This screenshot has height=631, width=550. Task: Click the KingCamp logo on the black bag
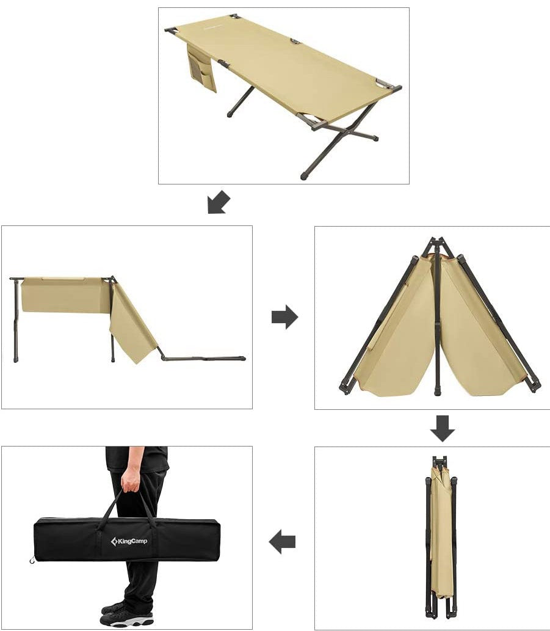pyautogui.click(x=129, y=541)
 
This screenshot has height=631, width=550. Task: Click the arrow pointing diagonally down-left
pyautogui.click(x=219, y=202)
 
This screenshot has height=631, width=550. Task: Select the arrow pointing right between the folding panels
pyautogui.click(x=284, y=316)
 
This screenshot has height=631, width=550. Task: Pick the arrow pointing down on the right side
pyautogui.click(x=442, y=428)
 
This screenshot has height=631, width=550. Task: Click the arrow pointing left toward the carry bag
pyautogui.click(x=282, y=542)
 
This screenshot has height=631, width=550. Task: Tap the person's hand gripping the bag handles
pyautogui.click(x=129, y=480)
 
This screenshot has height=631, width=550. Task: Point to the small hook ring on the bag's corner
pyautogui.click(x=32, y=560)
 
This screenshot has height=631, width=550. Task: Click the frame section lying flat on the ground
pyautogui.click(x=204, y=357)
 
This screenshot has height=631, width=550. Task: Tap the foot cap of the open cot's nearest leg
pyautogui.click(x=305, y=176)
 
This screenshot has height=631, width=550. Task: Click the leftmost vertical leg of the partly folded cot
pyautogui.click(x=16, y=320)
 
